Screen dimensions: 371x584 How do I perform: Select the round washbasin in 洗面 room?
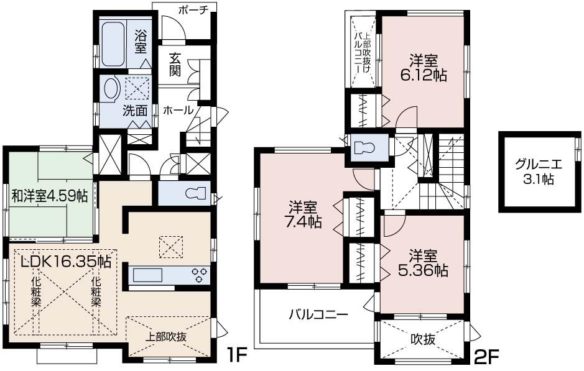(112, 88)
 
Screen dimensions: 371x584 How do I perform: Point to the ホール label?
(178, 110)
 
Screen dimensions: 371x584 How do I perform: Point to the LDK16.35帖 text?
(66, 262)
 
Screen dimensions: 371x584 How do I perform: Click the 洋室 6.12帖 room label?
(423, 68)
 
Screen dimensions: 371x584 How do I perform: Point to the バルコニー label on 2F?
(318, 314)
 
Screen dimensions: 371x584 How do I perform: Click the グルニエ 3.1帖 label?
(539, 172)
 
